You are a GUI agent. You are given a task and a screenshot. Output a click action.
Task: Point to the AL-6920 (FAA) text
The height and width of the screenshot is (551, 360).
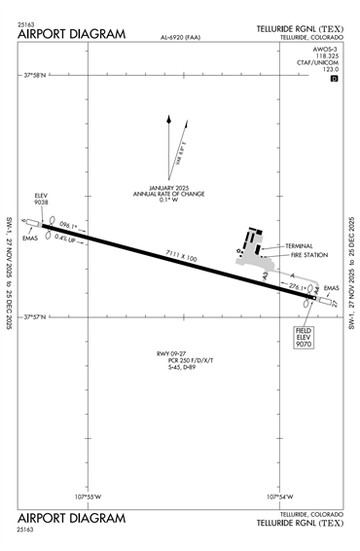(183, 38)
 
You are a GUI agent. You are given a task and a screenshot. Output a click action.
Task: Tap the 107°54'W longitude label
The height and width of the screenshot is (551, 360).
(280, 497)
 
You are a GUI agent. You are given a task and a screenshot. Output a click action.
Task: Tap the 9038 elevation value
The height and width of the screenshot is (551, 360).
(41, 202)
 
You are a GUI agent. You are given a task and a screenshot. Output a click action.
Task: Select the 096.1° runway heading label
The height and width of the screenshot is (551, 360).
(67, 224)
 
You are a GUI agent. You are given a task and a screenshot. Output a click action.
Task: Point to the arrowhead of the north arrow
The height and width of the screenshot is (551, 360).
(169, 119)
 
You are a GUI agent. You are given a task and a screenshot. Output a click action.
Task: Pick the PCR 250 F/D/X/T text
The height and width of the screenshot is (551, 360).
(177, 360)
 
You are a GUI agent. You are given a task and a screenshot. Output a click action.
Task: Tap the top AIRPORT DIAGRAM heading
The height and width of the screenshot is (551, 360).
(72, 34)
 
